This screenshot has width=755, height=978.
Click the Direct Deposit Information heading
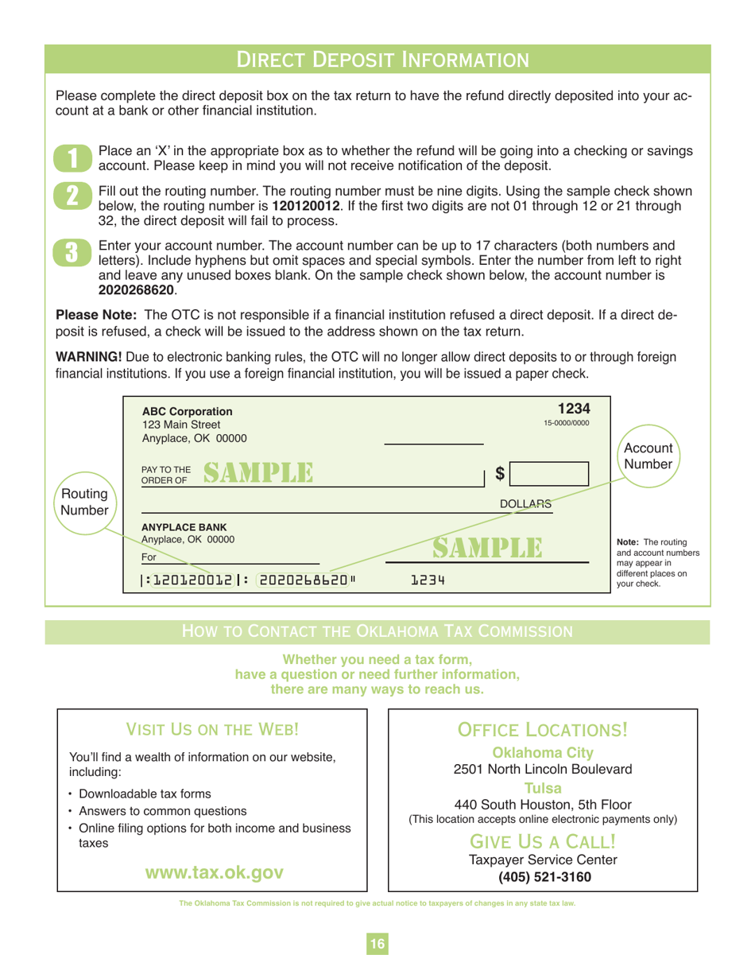click(x=377, y=59)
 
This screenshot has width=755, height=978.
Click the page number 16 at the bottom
click(x=376, y=944)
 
